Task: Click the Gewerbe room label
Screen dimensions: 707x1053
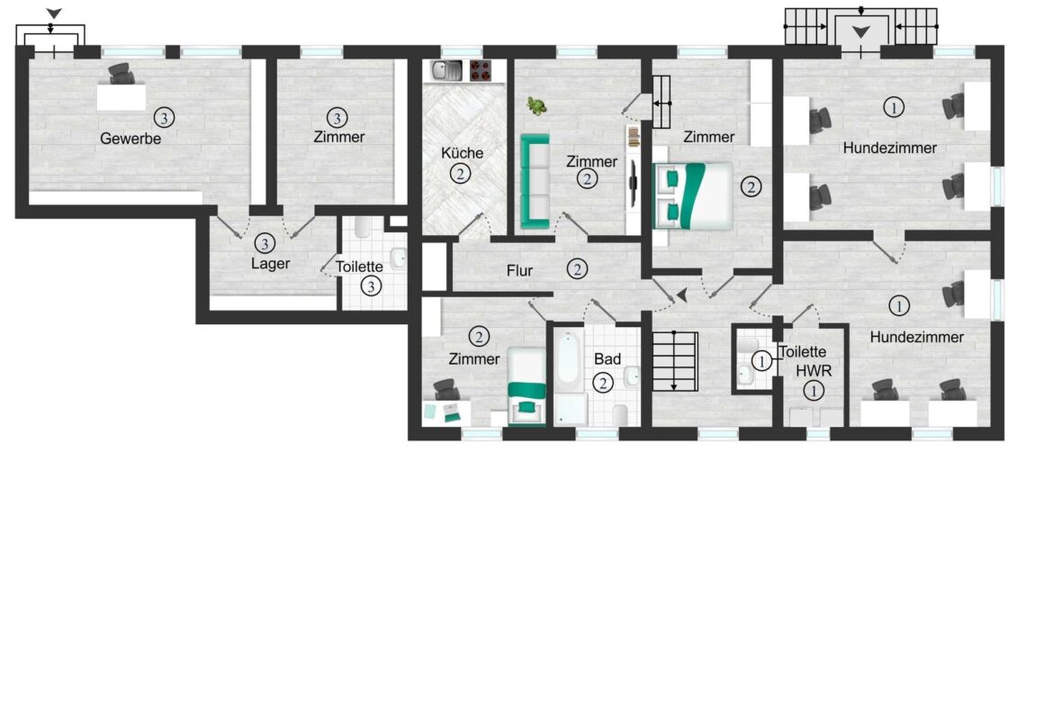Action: (x=130, y=139)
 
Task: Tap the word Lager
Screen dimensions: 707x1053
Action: (x=270, y=264)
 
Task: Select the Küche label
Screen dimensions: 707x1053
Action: (x=462, y=153)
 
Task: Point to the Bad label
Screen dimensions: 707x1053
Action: (x=607, y=358)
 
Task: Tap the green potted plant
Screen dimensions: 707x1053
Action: (x=537, y=106)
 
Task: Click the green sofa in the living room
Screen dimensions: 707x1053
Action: (x=535, y=180)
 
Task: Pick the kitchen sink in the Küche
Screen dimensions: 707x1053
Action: (x=446, y=69)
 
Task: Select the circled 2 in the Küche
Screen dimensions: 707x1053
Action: (x=461, y=174)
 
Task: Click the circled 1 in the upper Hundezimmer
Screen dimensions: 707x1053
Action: (x=893, y=107)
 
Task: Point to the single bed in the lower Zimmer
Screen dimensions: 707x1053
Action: (x=526, y=385)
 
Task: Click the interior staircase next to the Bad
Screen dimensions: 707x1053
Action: (x=674, y=360)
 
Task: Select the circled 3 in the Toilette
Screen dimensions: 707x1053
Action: (x=371, y=286)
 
